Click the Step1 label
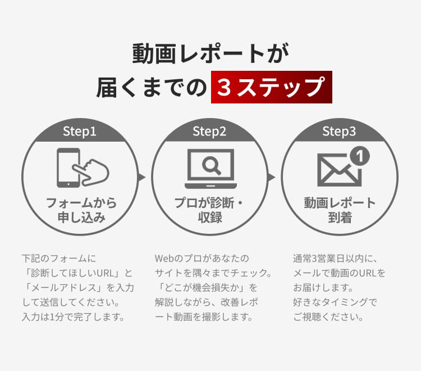tap(80, 132)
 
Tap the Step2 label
tap(209, 132)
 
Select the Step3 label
tap(339, 132)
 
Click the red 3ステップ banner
tap(271, 88)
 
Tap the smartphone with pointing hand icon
tap(82, 168)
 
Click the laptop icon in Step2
tap(210, 169)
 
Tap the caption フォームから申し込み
tap(81, 210)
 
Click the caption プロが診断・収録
tap(210, 210)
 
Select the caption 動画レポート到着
tap(340, 210)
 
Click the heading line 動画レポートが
tap(210, 54)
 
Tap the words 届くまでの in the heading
tap(152, 88)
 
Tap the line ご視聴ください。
tap(328, 317)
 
